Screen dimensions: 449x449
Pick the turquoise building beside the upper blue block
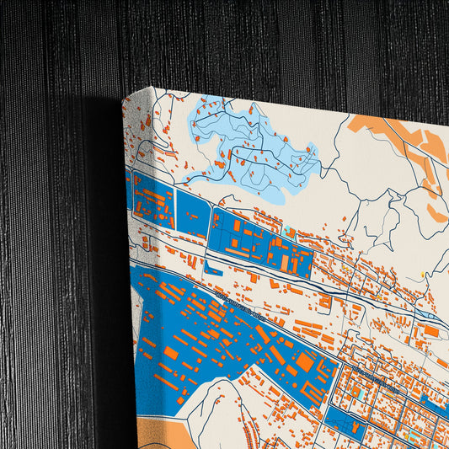290,231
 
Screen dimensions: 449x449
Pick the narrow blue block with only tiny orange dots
193,214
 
